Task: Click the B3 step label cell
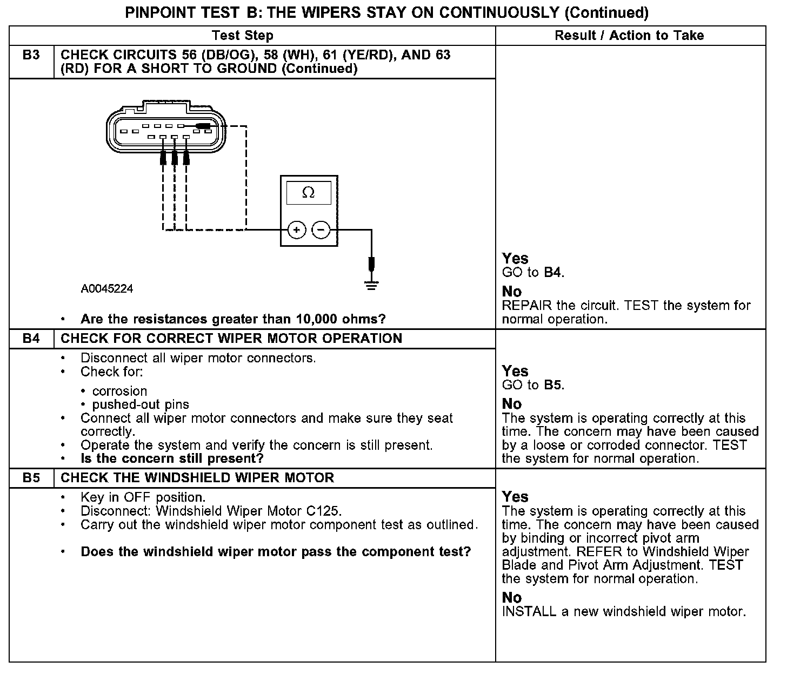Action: point(31,55)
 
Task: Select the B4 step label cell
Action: point(31,339)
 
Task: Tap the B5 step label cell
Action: point(31,478)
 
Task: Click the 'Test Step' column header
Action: point(243,36)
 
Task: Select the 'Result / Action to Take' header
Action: point(629,36)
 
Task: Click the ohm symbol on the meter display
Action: point(308,193)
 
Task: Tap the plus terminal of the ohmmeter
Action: point(296,230)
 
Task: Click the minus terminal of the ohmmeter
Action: point(321,230)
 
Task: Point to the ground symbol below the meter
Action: point(371,284)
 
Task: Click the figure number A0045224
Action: point(107,289)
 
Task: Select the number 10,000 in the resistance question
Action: point(317,319)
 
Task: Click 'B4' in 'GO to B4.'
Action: point(552,273)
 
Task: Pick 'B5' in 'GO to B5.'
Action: point(552,385)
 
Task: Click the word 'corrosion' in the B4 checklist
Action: point(119,391)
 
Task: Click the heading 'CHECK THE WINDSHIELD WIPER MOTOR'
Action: point(197,478)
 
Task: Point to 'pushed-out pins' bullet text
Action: point(141,404)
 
